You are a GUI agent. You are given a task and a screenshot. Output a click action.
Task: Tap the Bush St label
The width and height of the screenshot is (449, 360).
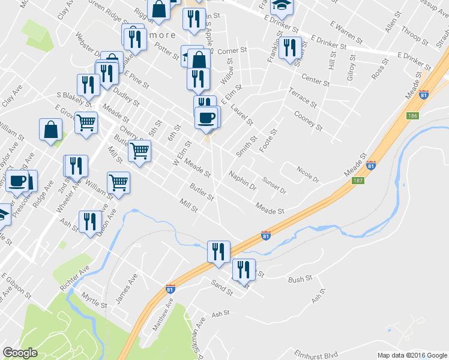(x=300, y=279)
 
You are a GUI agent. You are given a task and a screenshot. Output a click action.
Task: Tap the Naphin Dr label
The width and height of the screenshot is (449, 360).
(x=242, y=181)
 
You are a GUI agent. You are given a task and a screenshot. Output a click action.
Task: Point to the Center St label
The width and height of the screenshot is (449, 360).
(x=316, y=80)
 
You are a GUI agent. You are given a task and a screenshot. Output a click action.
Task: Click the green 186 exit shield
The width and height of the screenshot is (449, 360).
(x=411, y=116)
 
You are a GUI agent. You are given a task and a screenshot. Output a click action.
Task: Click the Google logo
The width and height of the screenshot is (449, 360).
(x=20, y=353)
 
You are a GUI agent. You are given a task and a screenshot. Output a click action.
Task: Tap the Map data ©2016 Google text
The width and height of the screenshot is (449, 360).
(x=411, y=355)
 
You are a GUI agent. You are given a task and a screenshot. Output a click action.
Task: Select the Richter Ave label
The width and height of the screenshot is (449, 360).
(x=74, y=277)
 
